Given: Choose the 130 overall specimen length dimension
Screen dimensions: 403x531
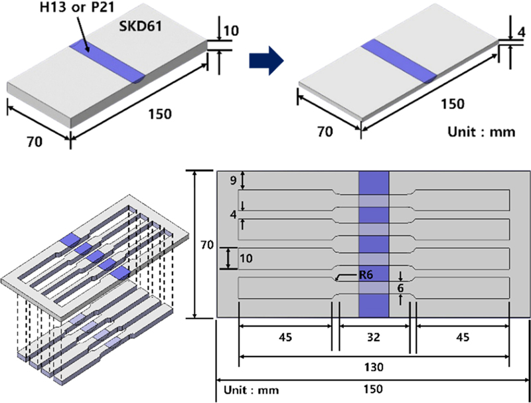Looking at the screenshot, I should click(373, 366).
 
